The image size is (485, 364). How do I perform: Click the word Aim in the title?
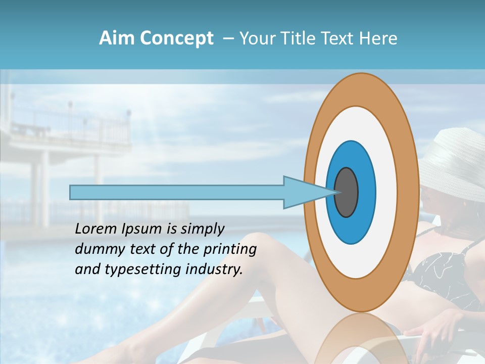pyautogui.click(x=116, y=38)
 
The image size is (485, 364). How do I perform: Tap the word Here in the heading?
pyautogui.click(x=378, y=38)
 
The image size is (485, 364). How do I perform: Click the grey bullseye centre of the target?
pyautogui.click(x=347, y=193)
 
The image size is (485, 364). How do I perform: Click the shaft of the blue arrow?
pyautogui.click(x=177, y=193)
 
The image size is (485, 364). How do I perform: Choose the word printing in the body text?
pyautogui.click(x=230, y=250)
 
